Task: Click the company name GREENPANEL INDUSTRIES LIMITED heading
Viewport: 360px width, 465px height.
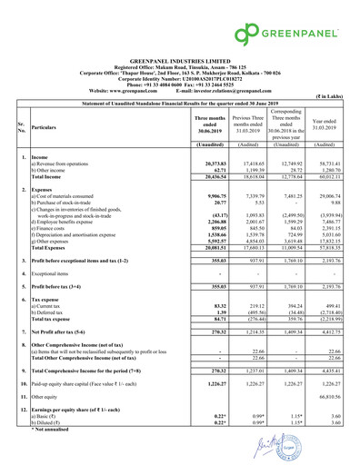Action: pyautogui.click(x=180, y=55)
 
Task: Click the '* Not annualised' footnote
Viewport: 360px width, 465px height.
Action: pyautogui.click(x=56, y=427)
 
